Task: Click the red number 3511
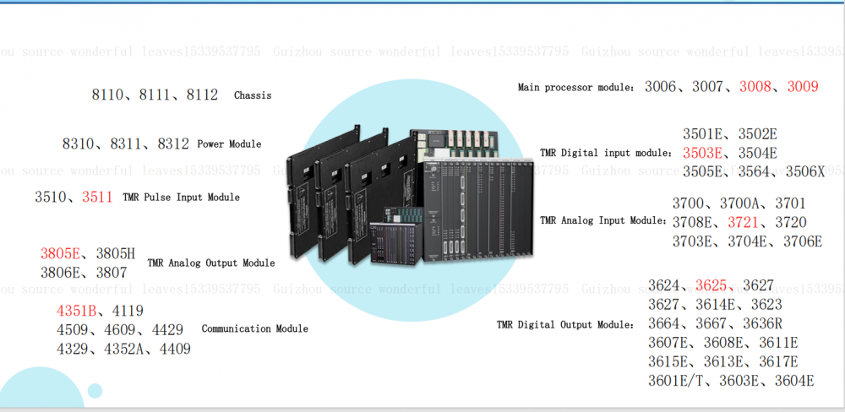(x=97, y=198)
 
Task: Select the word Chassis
(x=253, y=95)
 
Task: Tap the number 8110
(x=106, y=95)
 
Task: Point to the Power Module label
(x=229, y=144)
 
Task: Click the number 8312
(x=173, y=144)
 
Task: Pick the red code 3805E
(x=60, y=253)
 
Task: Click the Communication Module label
(x=254, y=328)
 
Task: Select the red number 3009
(x=803, y=87)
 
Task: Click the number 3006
(x=661, y=87)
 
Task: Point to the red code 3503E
(x=703, y=153)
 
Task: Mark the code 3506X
(x=804, y=171)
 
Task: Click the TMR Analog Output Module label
(x=211, y=263)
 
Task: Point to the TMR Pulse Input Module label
(x=181, y=198)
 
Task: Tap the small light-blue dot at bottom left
(x=95, y=390)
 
